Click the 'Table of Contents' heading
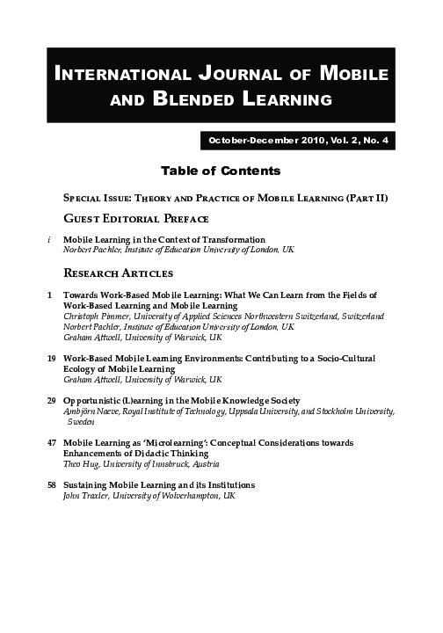pyautogui.click(x=221, y=171)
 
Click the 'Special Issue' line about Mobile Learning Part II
pyautogui.click(x=225, y=199)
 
